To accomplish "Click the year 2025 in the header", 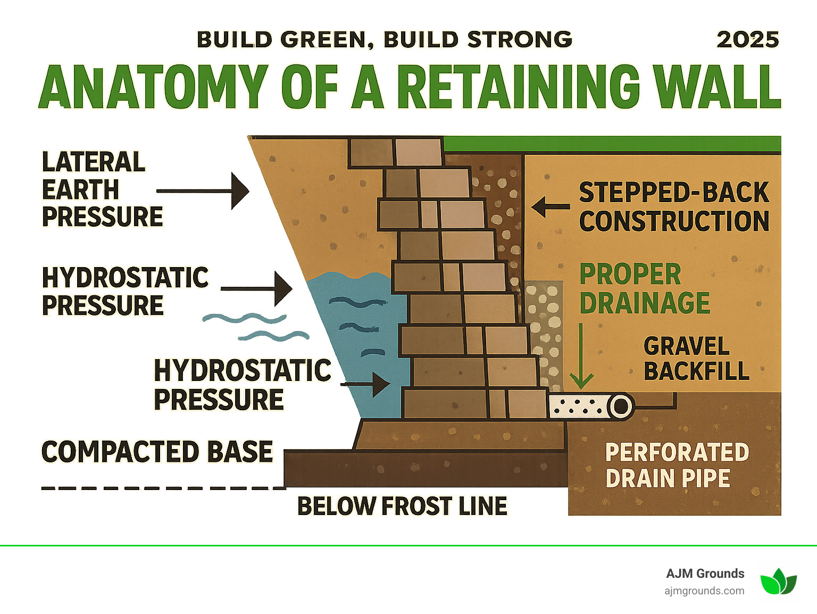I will tap(747, 40).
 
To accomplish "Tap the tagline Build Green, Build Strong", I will tap(384, 40).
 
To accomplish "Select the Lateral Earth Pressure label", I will tap(101, 189).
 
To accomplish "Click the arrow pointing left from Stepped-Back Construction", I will tap(550, 206).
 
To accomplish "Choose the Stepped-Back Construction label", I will tap(673, 206).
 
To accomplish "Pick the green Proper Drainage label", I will tap(644, 289).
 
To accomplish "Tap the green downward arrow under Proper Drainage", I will tap(581, 356).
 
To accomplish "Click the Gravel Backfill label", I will tap(696, 359).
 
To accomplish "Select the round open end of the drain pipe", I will tap(620, 407).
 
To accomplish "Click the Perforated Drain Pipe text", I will tap(677, 466).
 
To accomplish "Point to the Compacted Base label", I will tap(157, 452).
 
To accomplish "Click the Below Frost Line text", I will tap(402, 506).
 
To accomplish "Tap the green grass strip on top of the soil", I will tap(612, 144).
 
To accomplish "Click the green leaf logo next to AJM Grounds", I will tap(778, 581).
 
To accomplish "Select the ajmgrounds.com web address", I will tap(704, 591).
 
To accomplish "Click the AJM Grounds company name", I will tap(705, 574).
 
